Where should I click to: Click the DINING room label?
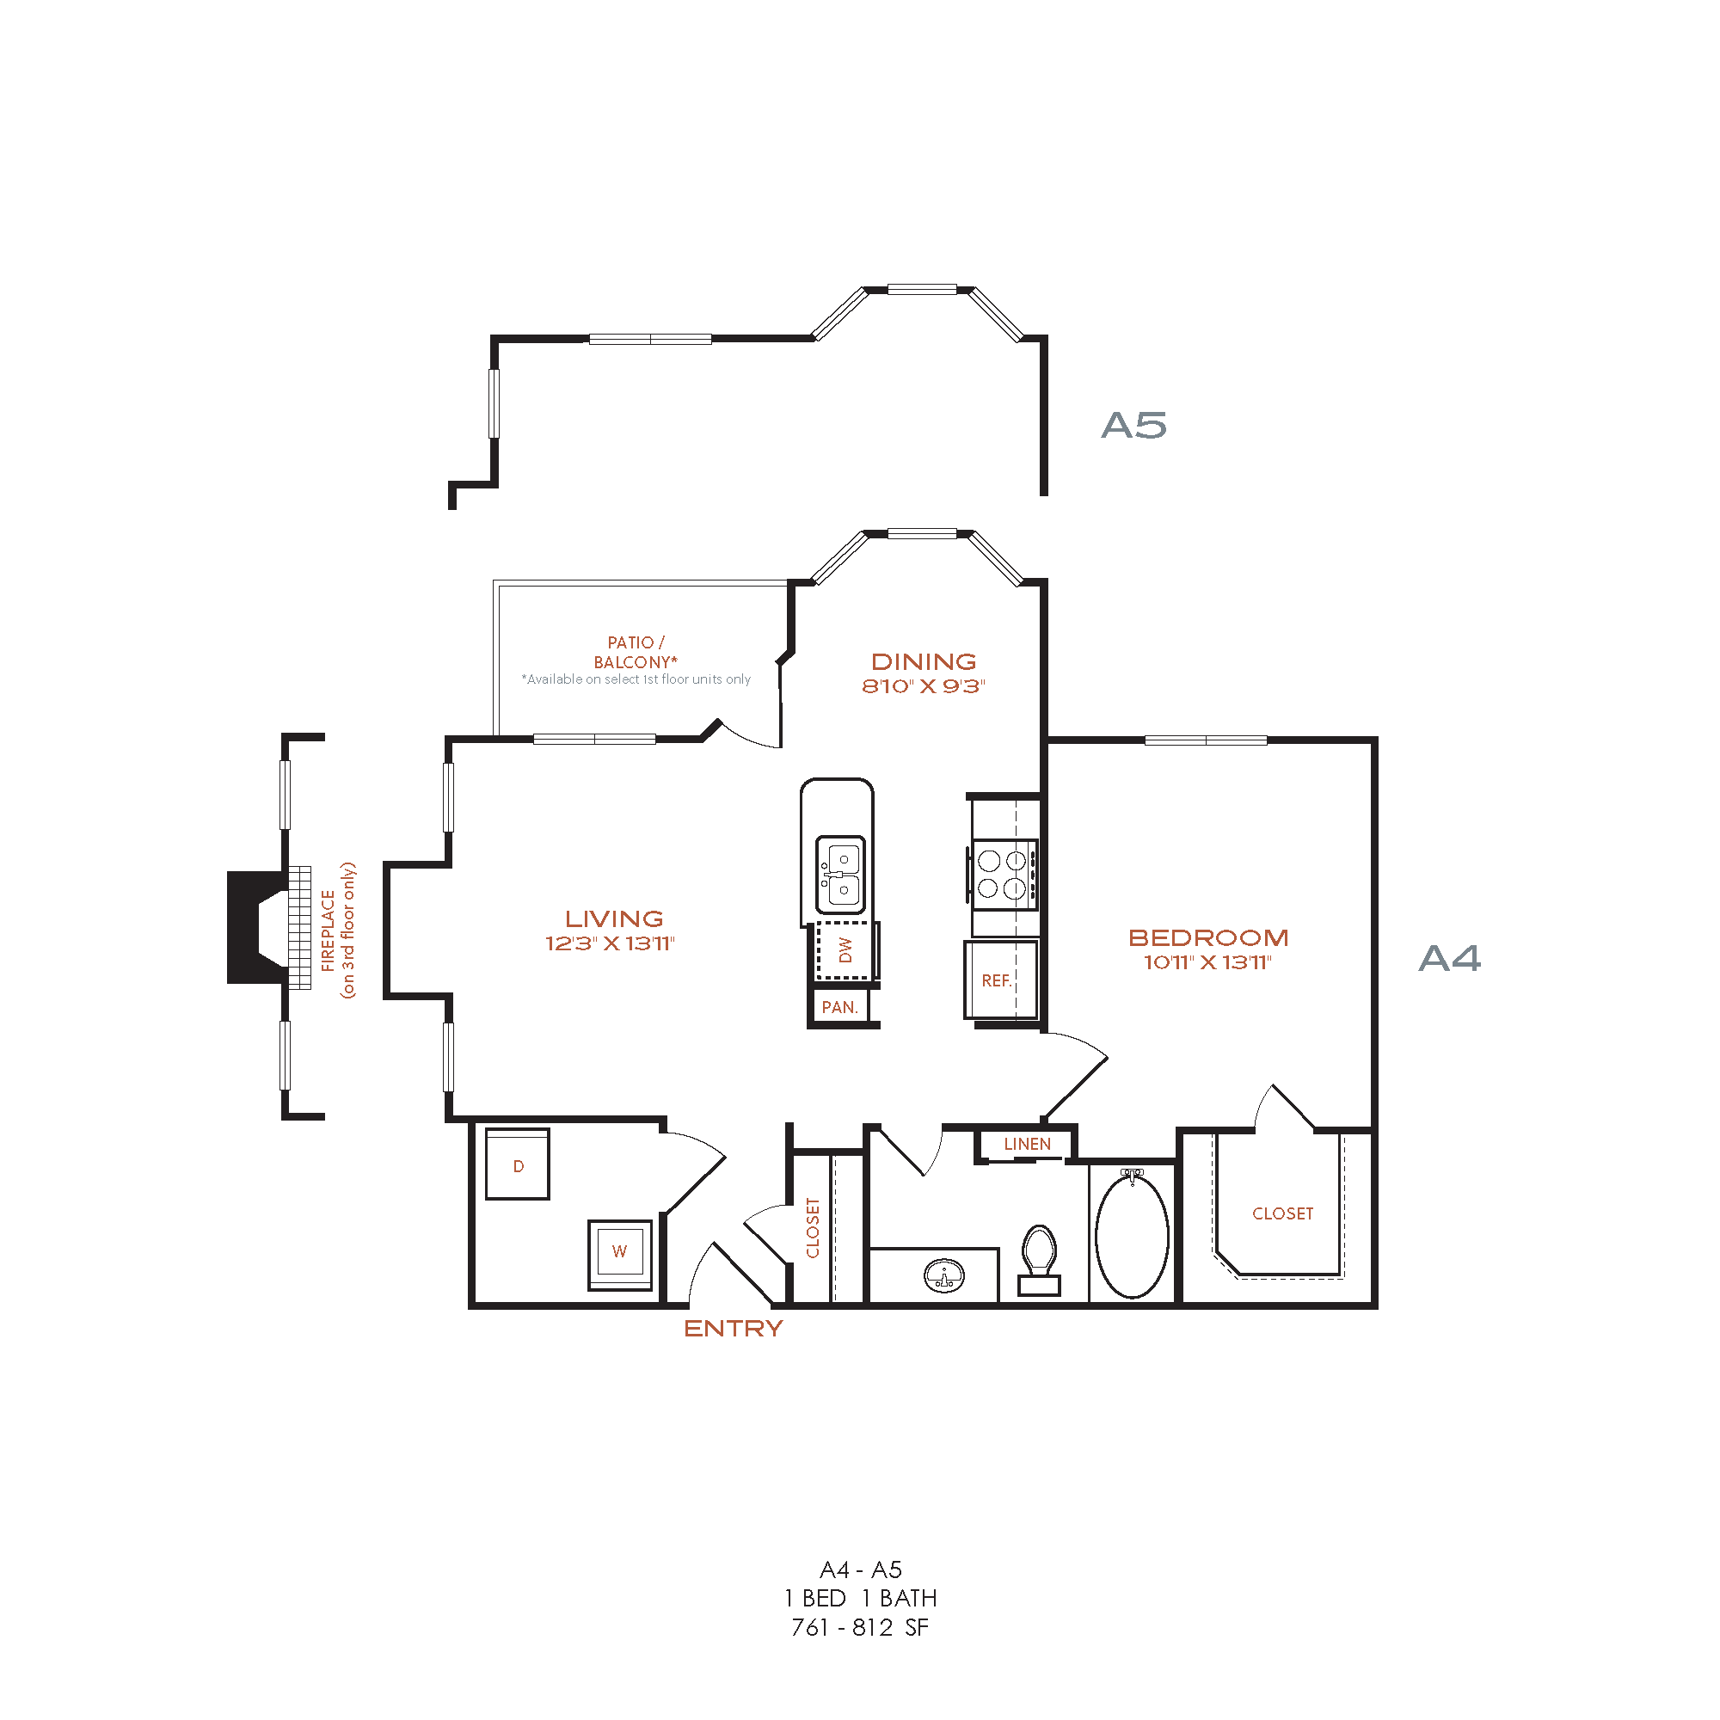923,661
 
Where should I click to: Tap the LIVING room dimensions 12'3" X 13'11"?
610,943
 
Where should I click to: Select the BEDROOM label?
1208,937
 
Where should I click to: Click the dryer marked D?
517,1164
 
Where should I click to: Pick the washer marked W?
619,1250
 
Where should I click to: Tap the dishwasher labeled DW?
845,950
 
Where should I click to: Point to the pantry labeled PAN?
839,1007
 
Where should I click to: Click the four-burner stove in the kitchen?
1004,875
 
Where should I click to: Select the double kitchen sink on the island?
840,875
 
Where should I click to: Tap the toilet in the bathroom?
1039,1257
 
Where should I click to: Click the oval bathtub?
1132,1237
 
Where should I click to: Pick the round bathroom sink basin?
943,1275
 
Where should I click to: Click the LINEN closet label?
1027,1144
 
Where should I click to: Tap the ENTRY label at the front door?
733,1329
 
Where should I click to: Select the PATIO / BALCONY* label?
636,652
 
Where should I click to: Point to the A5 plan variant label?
1133,426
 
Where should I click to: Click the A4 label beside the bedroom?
1448,959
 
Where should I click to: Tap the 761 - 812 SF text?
859,1627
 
